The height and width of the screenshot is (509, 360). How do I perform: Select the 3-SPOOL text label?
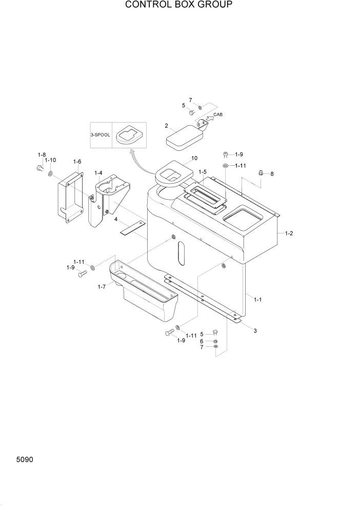(x=102, y=134)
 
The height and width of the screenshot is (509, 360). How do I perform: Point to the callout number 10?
(x=194, y=159)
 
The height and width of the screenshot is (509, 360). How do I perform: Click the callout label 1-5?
(x=203, y=172)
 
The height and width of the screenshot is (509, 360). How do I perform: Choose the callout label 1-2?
(x=288, y=233)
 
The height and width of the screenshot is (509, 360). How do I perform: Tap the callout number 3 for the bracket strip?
(x=255, y=330)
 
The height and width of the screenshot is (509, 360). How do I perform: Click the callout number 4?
(x=116, y=220)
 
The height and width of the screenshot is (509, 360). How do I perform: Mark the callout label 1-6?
(x=77, y=162)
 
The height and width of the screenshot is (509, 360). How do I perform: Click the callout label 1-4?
(x=98, y=173)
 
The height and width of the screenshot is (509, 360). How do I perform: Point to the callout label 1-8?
(x=42, y=154)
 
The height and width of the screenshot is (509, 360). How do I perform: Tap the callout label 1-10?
(x=50, y=161)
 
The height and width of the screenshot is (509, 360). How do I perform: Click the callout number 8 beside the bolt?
(x=272, y=174)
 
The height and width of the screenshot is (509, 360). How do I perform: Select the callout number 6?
(x=202, y=341)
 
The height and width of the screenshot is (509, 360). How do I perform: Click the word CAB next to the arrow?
(x=218, y=115)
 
